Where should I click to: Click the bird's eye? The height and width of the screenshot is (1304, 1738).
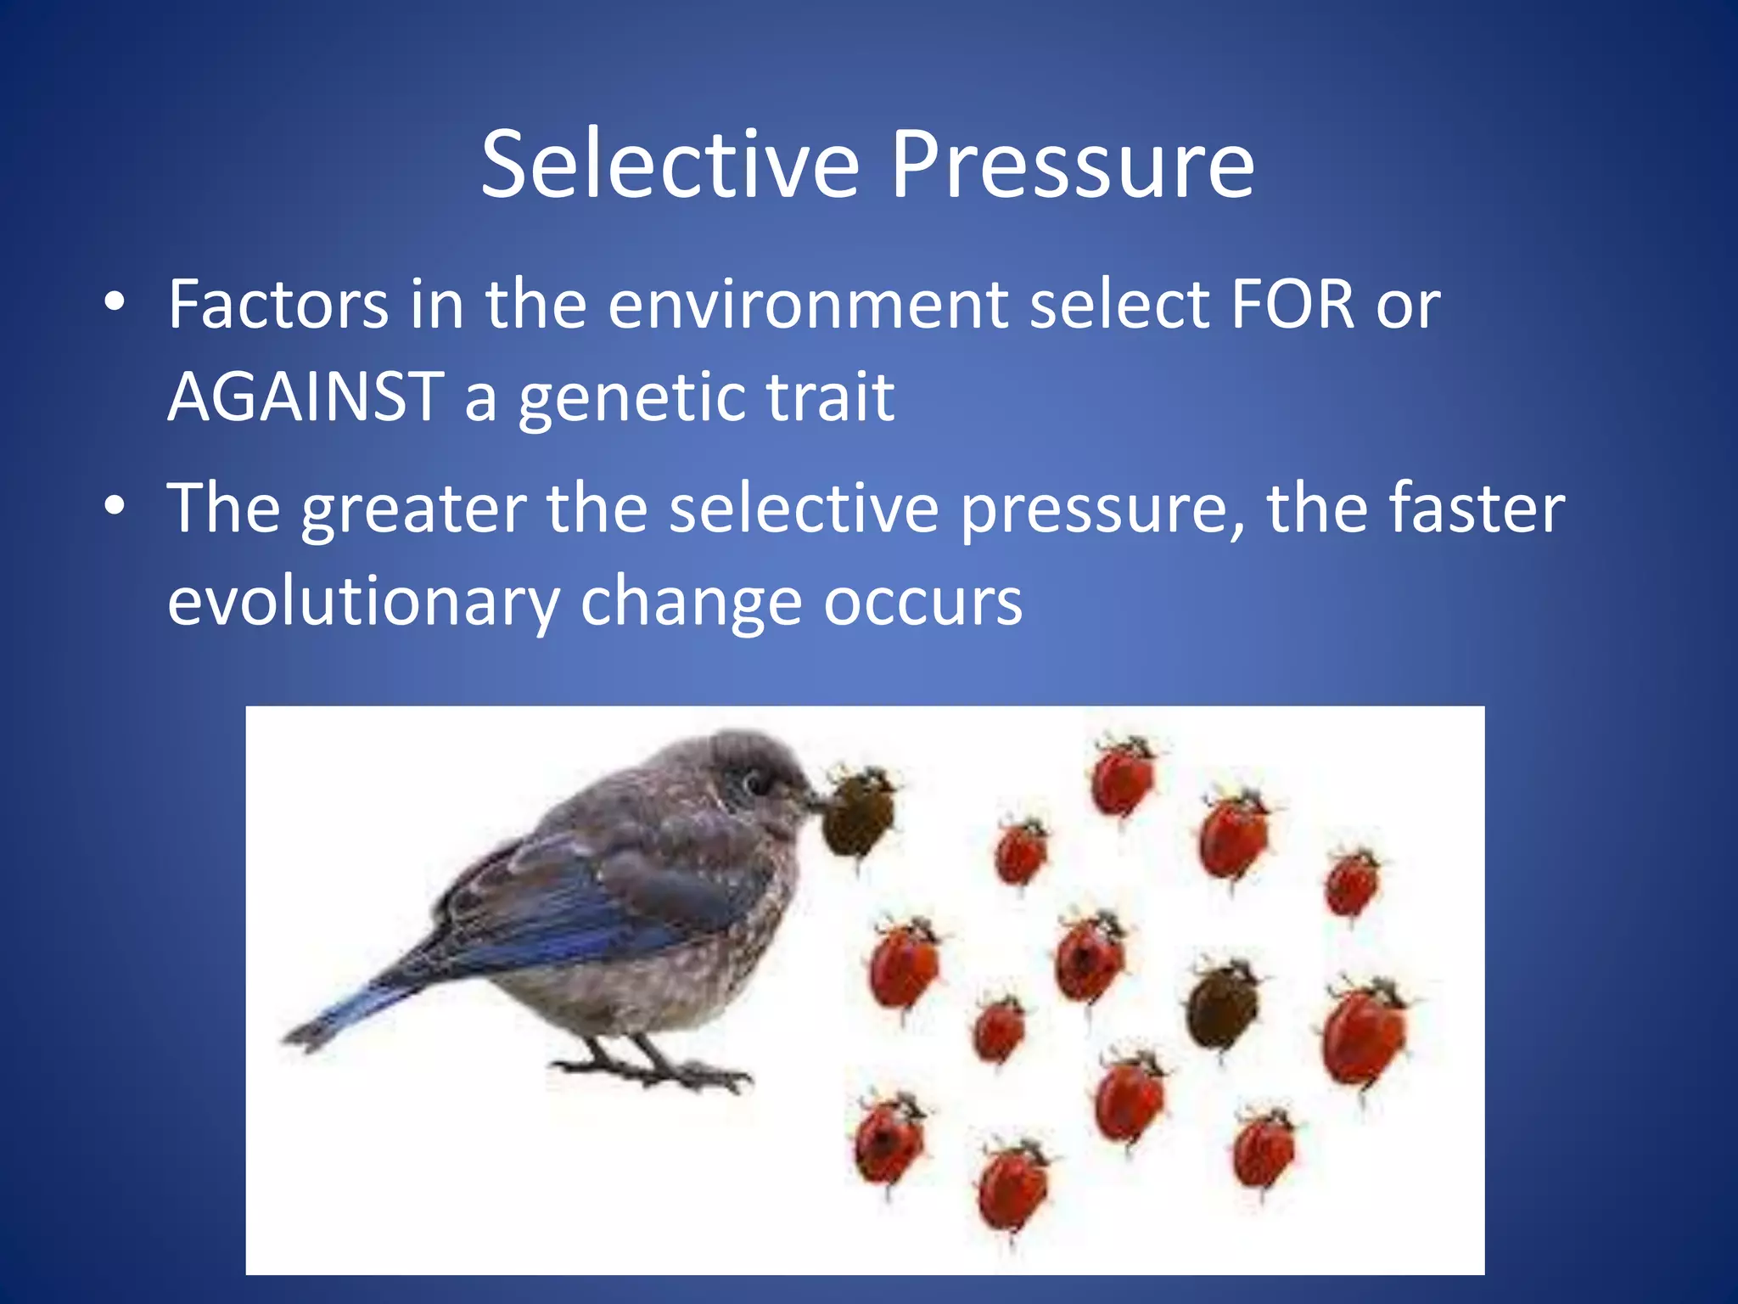tap(752, 780)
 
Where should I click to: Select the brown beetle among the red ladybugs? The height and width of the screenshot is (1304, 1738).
tap(1222, 1006)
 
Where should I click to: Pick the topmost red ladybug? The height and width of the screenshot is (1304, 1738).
tap(1122, 777)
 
